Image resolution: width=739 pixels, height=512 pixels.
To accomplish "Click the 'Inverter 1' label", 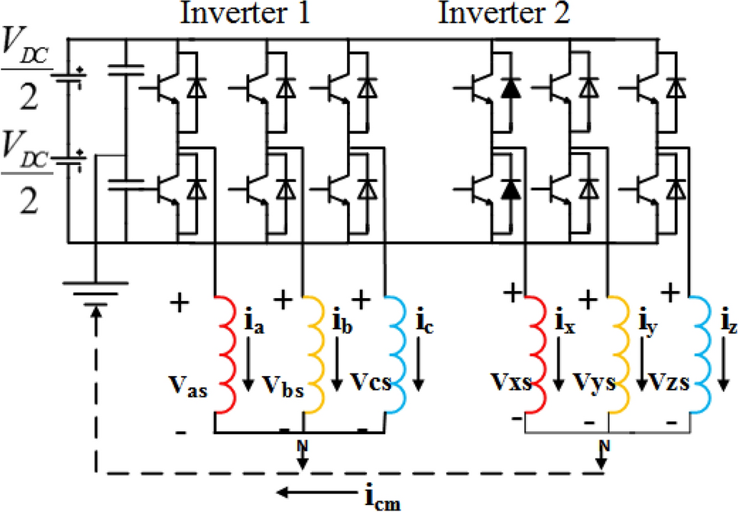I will point(245,15).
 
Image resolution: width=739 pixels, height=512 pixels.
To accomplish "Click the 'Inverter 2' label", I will point(504,15).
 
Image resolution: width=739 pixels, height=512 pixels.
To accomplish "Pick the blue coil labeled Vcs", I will point(397,351).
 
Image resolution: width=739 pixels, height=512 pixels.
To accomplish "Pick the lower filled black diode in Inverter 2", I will point(507,186).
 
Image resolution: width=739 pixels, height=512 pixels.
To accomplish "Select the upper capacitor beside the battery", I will point(125,72).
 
